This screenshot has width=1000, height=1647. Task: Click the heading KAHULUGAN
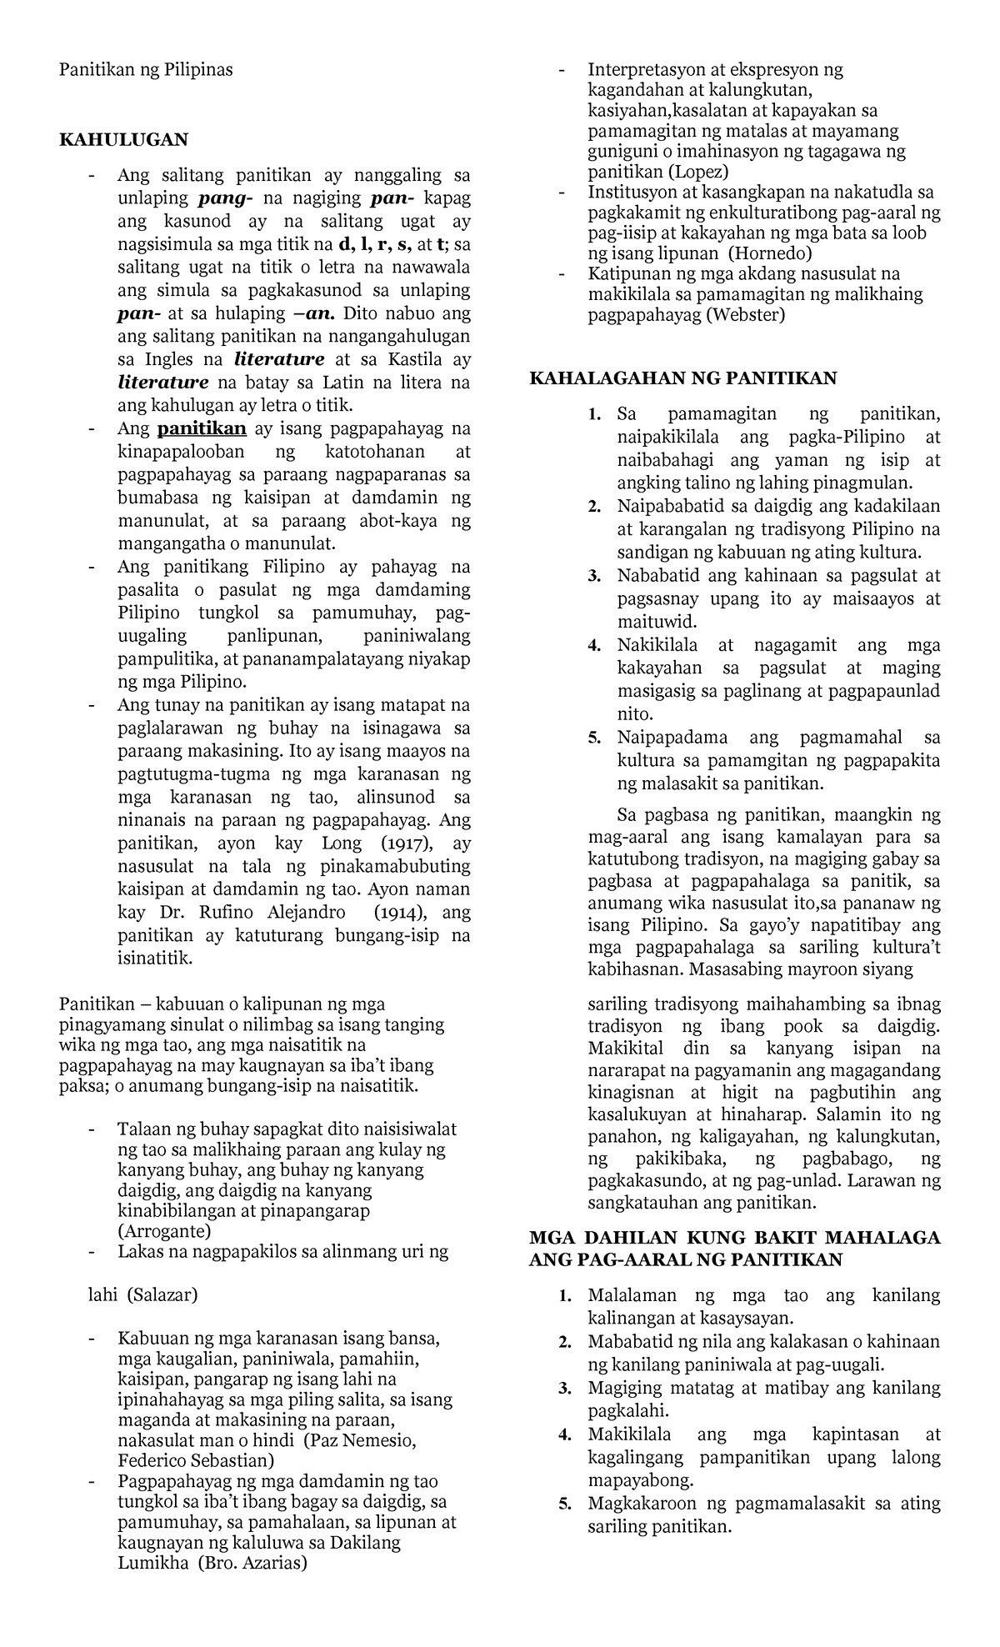tap(123, 139)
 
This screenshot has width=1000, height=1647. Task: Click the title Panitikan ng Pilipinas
tap(146, 69)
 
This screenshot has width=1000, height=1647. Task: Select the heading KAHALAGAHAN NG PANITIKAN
tap(682, 378)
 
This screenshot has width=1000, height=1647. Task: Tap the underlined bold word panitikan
tap(202, 428)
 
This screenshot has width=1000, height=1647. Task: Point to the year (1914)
tap(399, 912)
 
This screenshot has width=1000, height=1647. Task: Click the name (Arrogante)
tap(164, 1230)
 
